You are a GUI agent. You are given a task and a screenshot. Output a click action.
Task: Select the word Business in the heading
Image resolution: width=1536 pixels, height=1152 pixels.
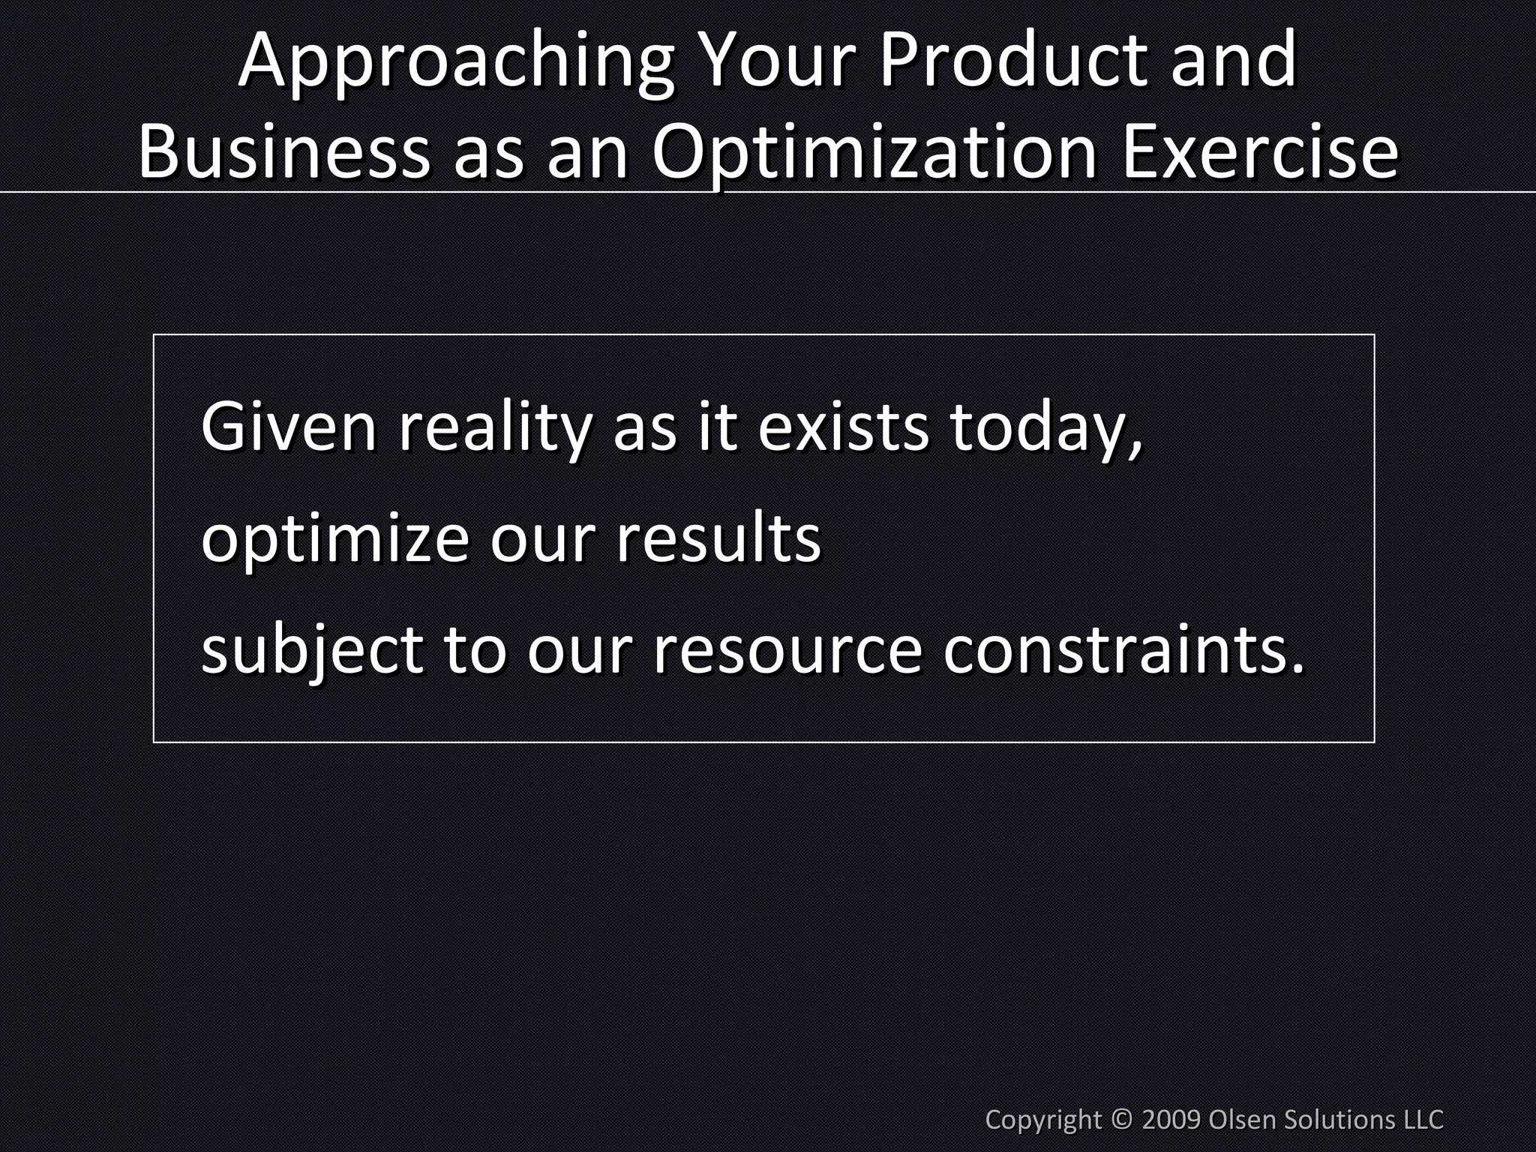284,152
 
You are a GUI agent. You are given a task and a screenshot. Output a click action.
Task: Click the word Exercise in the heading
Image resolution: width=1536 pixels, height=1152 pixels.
1260,152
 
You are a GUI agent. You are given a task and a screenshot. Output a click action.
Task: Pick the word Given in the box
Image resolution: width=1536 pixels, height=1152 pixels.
289,427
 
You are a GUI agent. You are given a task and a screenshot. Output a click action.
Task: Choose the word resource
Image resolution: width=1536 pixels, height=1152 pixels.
787,650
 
